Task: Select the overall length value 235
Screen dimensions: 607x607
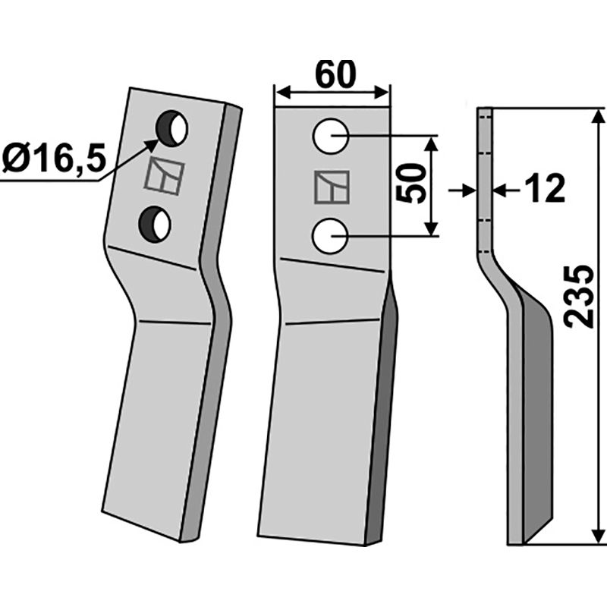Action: coord(579,296)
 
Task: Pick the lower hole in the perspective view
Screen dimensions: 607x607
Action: coord(156,224)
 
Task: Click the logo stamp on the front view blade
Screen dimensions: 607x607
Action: coord(331,187)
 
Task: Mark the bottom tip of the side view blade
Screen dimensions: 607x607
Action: coord(516,541)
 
